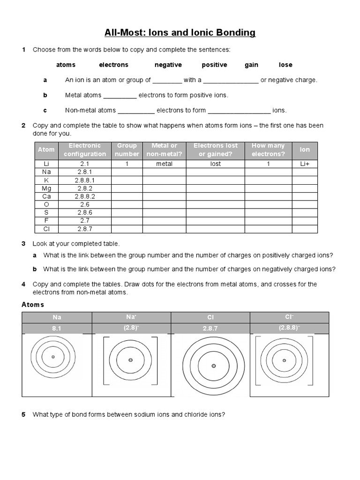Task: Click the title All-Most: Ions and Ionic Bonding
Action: click(x=180, y=33)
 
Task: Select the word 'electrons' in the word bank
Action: click(x=113, y=65)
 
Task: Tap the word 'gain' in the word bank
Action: click(x=251, y=65)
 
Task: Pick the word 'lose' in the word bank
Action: click(x=285, y=65)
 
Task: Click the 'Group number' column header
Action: click(x=127, y=150)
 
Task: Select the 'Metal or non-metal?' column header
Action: click(x=165, y=150)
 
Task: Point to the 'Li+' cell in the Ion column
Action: click(x=305, y=164)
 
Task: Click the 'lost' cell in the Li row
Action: click(x=216, y=164)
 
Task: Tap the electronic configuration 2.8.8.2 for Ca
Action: click(x=85, y=196)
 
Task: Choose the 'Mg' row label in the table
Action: click(x=46, y=188)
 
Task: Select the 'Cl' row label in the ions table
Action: click(x=46, y=229)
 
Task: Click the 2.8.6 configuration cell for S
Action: click(x=85, y=213)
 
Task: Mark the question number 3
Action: click(x=23, y=244)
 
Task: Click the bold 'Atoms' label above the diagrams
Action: click(x=33, y=305)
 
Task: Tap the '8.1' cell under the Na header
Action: click(x=57, y=329)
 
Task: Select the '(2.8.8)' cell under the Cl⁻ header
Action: click(x=289, y=328)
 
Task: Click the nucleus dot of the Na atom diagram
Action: click(x=53, y=357)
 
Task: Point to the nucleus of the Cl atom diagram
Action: click(x=213, y=366)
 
